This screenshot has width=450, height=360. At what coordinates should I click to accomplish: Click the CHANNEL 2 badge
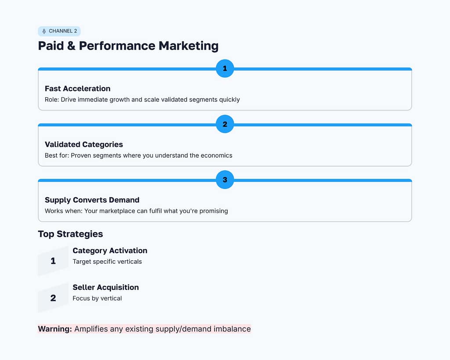[x=59, y=31]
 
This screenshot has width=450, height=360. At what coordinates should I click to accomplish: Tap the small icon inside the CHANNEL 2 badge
[x=44, y=31]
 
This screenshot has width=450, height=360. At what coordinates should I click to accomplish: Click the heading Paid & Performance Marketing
[x=128, y=46]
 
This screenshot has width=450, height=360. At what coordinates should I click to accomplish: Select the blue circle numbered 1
[x=225, y=69]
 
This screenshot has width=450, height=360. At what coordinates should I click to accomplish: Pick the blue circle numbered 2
[x=225, y=124]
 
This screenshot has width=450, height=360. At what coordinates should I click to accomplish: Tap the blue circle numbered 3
[x=225, y=180]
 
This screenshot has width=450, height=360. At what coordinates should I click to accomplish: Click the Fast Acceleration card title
[x=77, y=88]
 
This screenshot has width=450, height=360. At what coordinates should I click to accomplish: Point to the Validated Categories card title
[x=83, y=144]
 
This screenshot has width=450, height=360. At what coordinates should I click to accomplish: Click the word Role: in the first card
[x=52, y=99]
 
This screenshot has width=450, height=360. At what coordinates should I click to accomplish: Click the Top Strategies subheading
[x=70, y=234]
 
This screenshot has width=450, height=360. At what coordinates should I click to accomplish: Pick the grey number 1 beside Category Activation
[x=53, y=261]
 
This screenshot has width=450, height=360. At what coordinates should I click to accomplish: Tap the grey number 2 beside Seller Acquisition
[x=53, y=298]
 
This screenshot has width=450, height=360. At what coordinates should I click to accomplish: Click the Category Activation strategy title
[x=110, y=251]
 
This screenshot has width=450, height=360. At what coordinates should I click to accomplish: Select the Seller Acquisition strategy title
[x=105, y=287]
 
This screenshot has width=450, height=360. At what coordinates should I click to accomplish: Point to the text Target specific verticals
[x=107, y=262]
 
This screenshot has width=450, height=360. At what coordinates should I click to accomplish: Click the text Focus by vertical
[x=97, y=298]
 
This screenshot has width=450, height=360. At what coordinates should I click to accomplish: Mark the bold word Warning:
[x=55, y=329]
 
